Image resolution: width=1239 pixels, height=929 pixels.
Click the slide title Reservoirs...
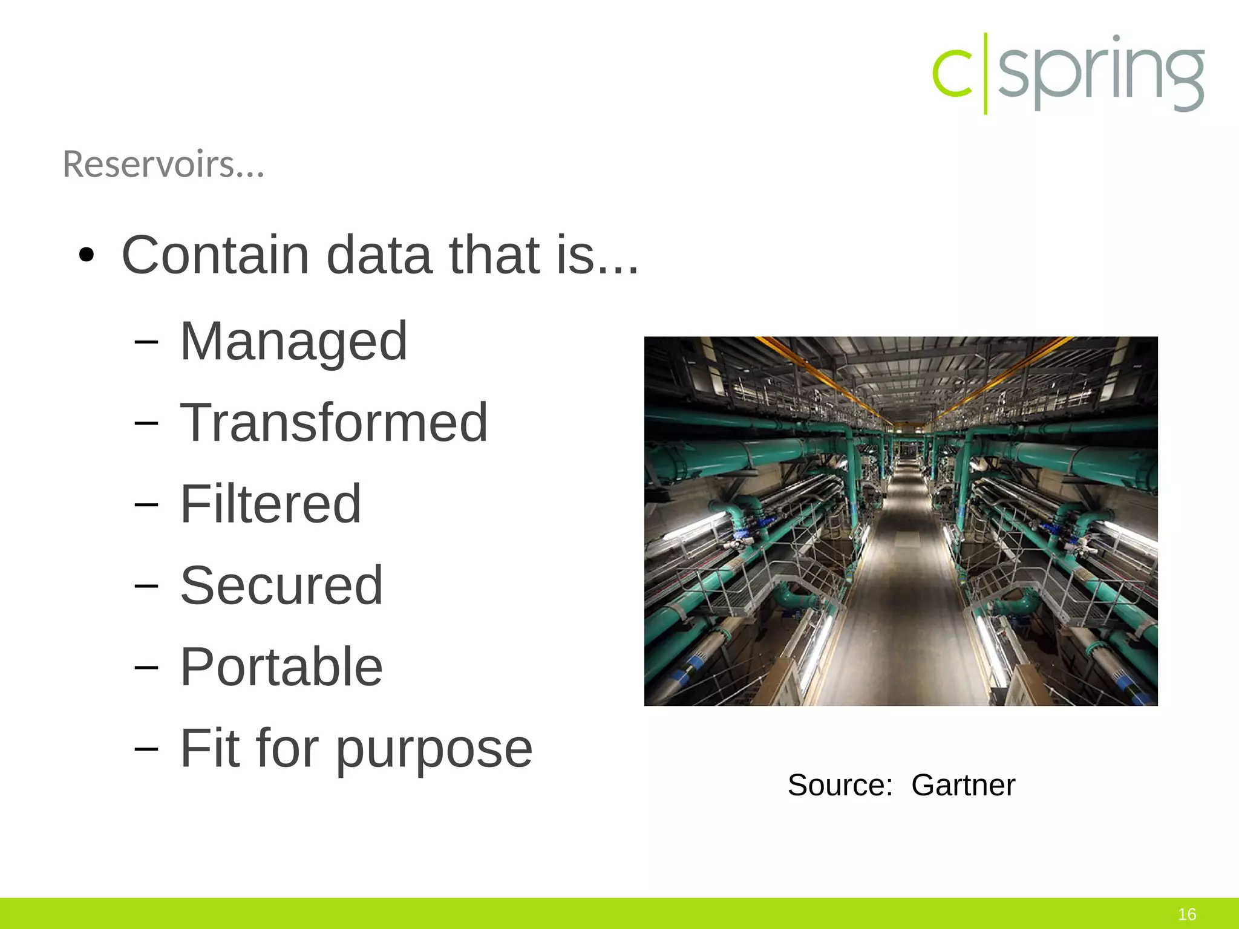(163, 165)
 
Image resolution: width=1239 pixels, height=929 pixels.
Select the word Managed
(294, 342)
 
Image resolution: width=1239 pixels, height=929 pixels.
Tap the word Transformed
(334, 423)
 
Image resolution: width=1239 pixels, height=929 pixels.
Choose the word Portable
(281, 667)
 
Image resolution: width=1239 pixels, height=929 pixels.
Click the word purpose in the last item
(434, 750)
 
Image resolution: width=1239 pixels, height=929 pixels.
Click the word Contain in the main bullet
(215, 255)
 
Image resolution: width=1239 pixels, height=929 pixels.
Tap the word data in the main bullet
(379, 255)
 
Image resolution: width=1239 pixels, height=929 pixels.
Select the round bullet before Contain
(87, 256)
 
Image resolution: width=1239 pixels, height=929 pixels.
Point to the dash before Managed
(146, 342)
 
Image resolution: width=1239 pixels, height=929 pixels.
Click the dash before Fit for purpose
(146, 749)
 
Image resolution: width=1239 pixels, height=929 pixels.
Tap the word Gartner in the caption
(963, 786)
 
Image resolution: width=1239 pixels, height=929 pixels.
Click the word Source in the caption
(840, 786)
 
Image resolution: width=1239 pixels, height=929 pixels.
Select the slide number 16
(1187, 914)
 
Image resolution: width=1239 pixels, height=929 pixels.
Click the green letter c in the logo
(951, 74)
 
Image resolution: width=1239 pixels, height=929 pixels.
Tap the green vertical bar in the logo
(986, 74)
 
